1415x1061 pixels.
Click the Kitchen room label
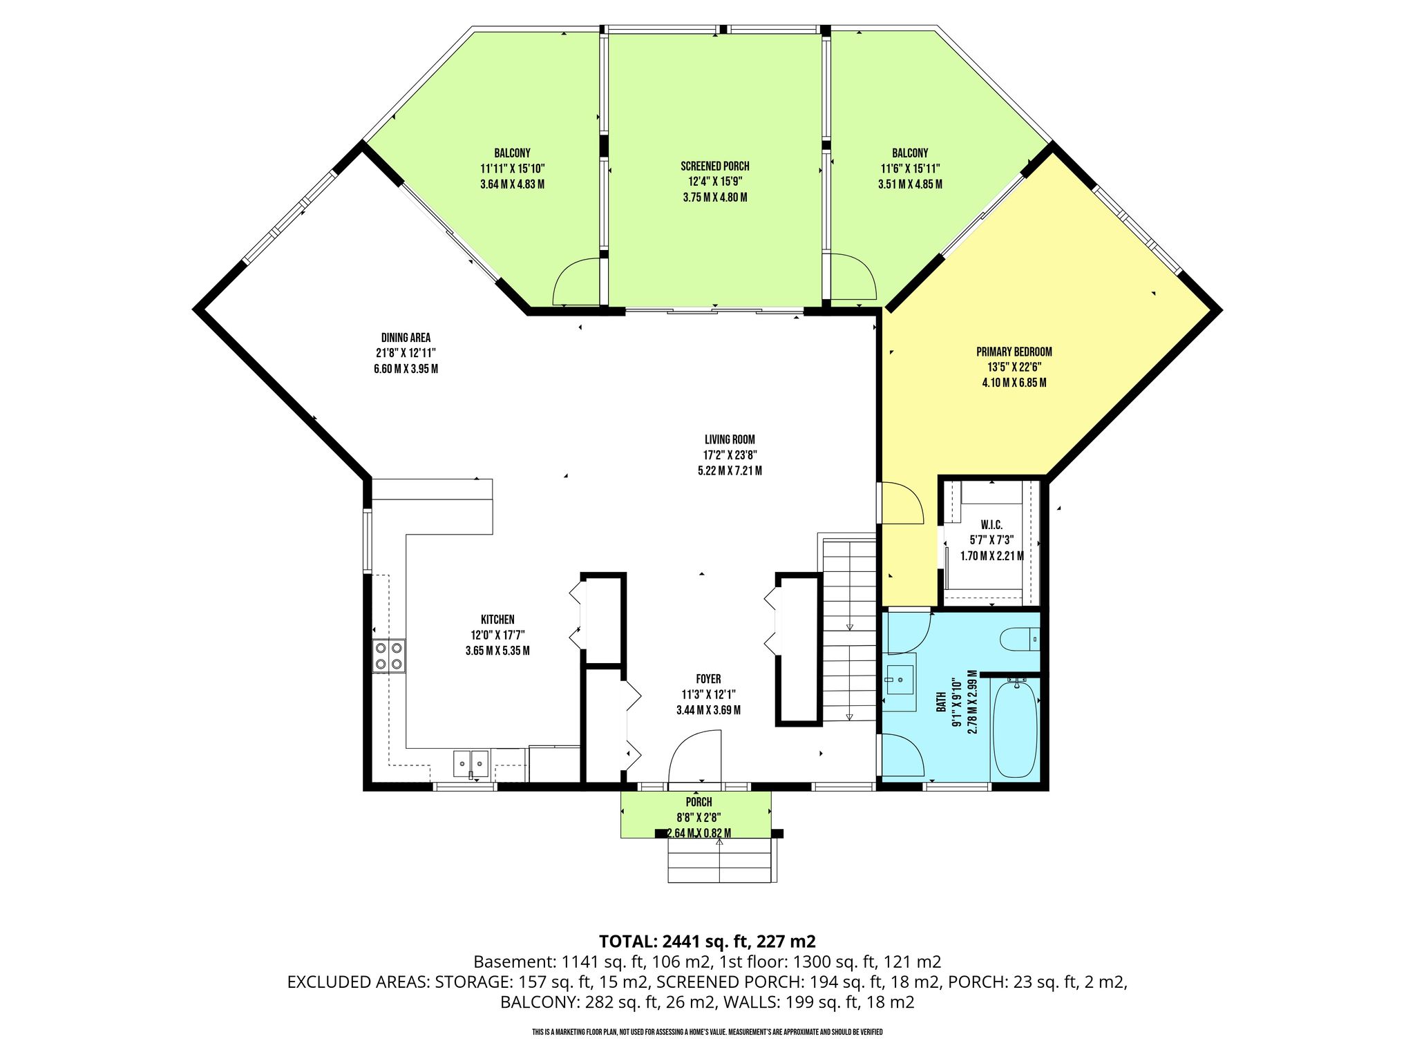click(497, 620)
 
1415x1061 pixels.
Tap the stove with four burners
click(389, 656)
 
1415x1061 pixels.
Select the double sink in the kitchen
click(471, 764)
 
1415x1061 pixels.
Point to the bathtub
click(1015, 729)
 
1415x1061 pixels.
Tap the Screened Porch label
click(715, 166)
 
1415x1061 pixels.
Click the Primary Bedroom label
click(1014, 352)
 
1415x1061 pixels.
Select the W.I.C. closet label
click(991, 526)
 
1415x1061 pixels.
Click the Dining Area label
click(406, 338)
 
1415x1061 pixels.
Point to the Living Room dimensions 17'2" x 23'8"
click(730, 455)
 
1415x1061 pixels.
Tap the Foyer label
click(709, 679)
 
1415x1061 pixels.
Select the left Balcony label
click(512, 153)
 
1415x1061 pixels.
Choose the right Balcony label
click(910, 153)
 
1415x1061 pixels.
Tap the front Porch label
click(699, 802)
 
